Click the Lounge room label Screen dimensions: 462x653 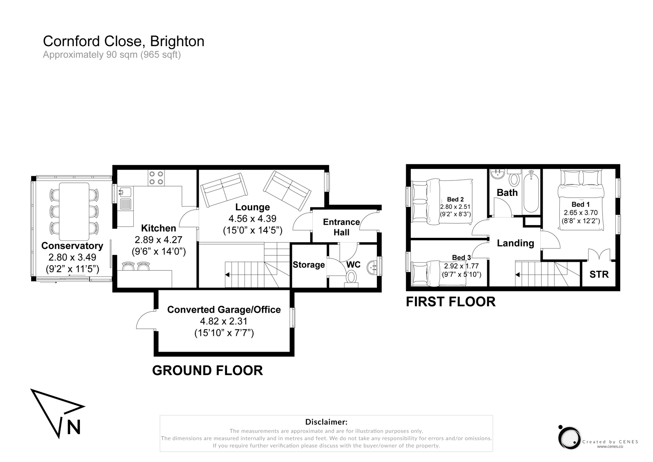[x=252, y=207]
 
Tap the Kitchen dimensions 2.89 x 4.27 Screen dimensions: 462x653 [x=158, y=240]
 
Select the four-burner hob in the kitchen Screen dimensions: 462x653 [x=156, y=178]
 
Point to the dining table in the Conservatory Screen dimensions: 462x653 [x=74, y=211]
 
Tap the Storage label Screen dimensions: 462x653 [x=309, y=265]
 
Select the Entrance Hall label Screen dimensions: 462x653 [x=341, y=227]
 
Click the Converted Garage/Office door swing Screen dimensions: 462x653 [x=145, y=320]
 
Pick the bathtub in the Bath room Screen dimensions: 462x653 [x=531, y=192]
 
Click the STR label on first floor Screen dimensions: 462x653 [x=599, y=275]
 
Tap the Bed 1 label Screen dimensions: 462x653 [x=580, y=204]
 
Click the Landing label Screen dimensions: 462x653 [x=515, y=243]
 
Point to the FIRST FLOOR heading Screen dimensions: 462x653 [x=450, y=302]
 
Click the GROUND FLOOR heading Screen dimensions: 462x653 [x=207, y=370]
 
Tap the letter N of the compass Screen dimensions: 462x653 [x=74, y=426]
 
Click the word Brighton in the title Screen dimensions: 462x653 [x=177, y=41]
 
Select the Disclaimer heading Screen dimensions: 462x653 [x=326, y=422]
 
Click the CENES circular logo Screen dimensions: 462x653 [x=569, y=438]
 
